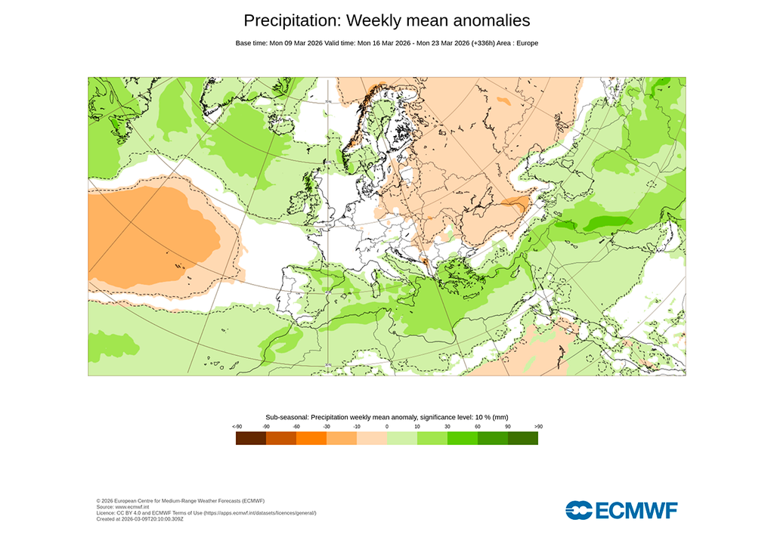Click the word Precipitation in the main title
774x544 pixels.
(292, 20)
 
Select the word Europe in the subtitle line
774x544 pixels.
(526, 43)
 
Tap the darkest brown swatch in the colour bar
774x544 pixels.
(250, 438)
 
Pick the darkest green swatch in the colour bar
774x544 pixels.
(522, 438)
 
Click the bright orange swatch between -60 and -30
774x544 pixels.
(311, 438)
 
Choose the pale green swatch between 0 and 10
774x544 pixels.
(401, 438)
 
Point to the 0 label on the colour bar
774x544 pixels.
(387, 427)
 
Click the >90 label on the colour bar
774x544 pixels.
(537, 427)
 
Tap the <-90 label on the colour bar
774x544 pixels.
(237, 427)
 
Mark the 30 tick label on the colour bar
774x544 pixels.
(447, 427)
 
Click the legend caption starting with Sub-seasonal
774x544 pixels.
(386, 417)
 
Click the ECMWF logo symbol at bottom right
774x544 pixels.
(579, 510)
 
